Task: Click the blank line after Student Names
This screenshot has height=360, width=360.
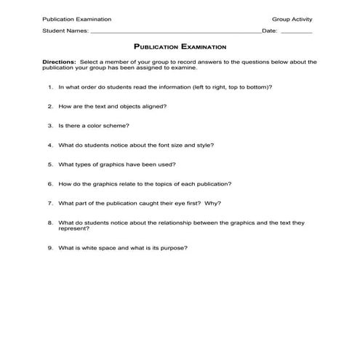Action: coord(175,33)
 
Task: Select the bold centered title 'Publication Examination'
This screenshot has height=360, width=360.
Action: coord(180,46)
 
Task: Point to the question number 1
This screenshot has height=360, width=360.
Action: coord(51,87)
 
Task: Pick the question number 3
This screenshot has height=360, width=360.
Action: coord(51,126)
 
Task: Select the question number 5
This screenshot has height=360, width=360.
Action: coord(51,164)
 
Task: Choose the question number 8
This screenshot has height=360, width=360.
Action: coord(51,223)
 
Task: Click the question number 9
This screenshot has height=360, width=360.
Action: coord(51,248)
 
